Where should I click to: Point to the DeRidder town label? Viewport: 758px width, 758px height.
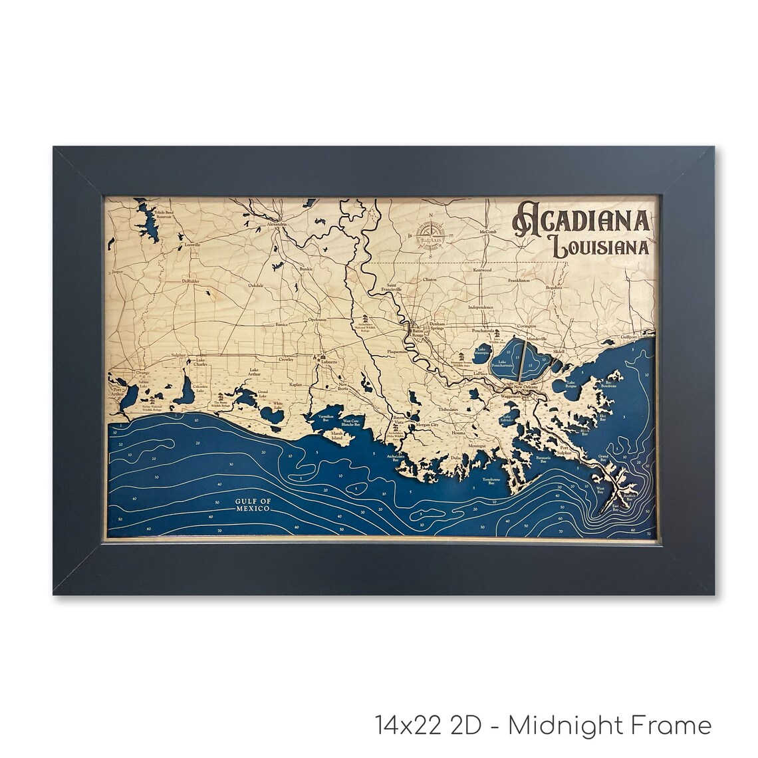tap(191, 281)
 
